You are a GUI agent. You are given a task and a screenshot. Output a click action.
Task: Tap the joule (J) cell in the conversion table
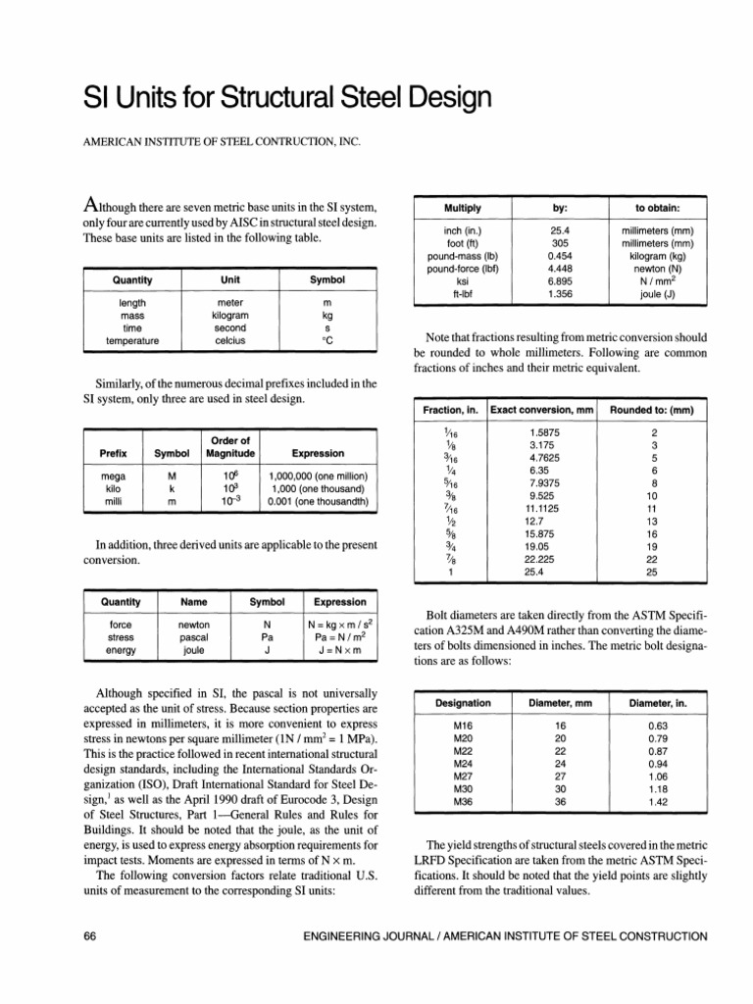coord(658,293)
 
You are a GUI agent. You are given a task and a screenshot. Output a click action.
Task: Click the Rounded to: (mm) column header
coord(655,409)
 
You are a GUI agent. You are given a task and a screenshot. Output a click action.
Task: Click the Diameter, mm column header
coord(555,703)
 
